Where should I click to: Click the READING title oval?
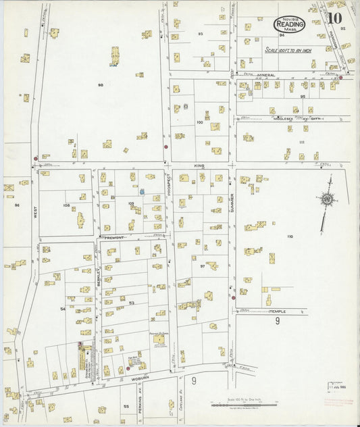(289, 24)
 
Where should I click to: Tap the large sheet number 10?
(334, 19)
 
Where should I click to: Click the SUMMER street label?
(231, 199)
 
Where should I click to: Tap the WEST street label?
(32, 215)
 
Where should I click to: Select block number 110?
(290, 236)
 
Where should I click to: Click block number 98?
(100, 85)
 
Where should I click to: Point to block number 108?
(66, 205)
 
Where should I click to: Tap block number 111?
(301, 142)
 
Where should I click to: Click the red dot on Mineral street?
(340, 77)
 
